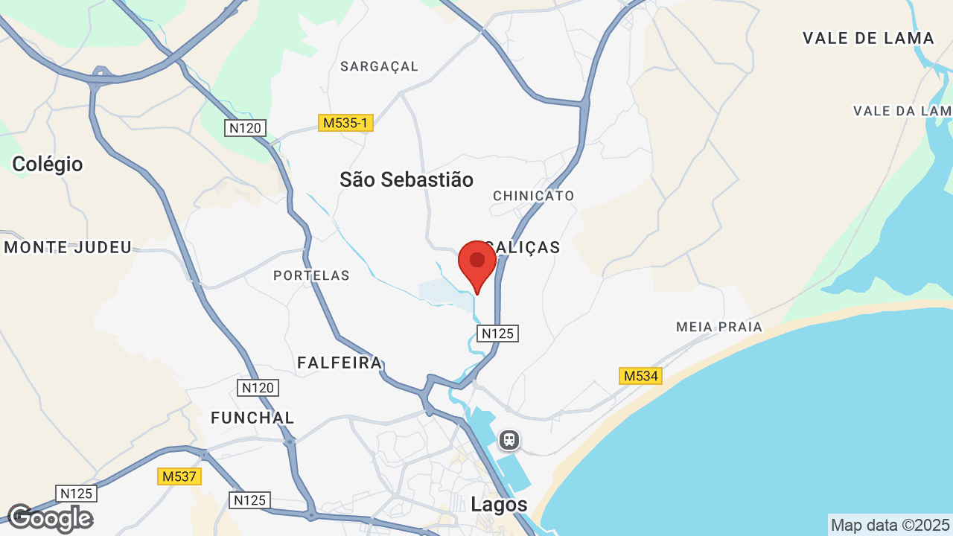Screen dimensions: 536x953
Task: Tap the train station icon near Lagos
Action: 509,439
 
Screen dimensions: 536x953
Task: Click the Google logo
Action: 50,518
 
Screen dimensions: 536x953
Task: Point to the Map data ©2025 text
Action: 890,525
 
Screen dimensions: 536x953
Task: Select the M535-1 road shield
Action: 345,123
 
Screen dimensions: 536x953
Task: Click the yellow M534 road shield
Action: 640,376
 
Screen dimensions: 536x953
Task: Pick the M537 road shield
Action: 179,476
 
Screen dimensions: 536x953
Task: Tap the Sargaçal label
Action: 380,66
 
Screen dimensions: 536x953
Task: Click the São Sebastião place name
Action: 407,179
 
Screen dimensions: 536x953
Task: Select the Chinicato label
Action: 534,196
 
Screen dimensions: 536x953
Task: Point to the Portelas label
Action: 311,275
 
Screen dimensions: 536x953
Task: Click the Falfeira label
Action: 340,363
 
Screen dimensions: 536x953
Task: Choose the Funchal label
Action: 252,418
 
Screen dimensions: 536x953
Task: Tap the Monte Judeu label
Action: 68,247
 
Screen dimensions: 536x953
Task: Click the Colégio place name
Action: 48,164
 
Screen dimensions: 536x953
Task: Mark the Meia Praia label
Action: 719,327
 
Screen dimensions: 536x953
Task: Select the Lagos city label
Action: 499,504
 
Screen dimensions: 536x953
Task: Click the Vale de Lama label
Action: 868,38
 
